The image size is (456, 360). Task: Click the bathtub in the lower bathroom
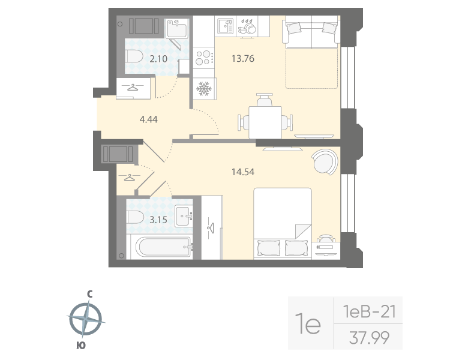pyautogui.click(x=160, y=245)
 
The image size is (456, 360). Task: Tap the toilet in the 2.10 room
pyautogui.click(x=134, y=58)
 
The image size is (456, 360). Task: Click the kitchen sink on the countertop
pyautogui.click(x=226, y=26)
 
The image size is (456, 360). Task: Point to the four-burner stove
pyautogui.click(x=204, y=58)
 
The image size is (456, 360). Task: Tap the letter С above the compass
pyautogui.click(x=89, y=294)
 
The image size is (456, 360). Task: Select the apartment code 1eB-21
pyautogui.click(x=368, y=312)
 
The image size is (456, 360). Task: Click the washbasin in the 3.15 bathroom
pyautogui.click(x=184, y=216)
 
